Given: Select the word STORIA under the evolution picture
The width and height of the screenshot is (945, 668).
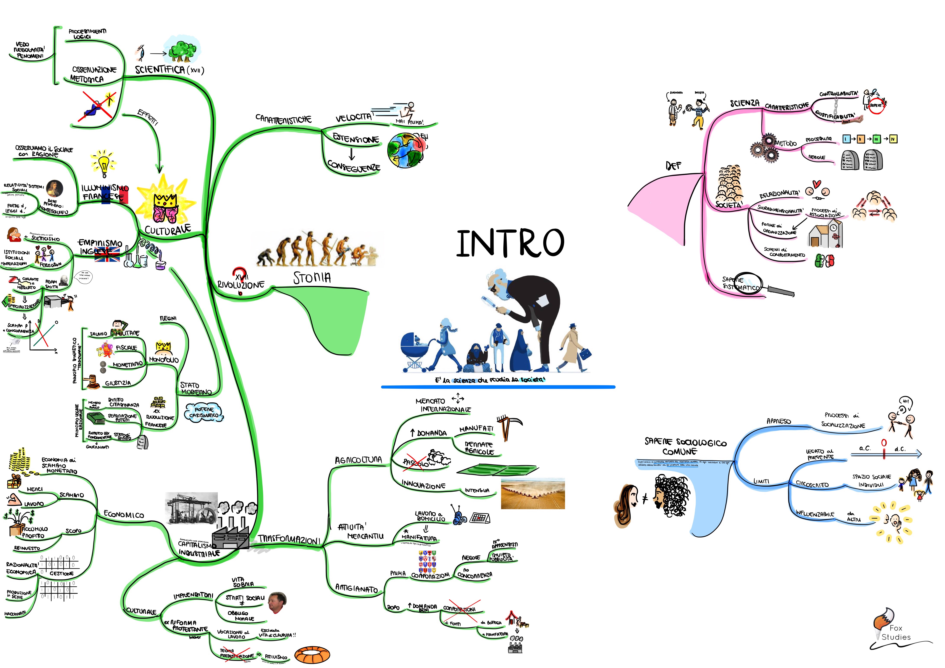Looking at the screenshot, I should click(x=312, y=278).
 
